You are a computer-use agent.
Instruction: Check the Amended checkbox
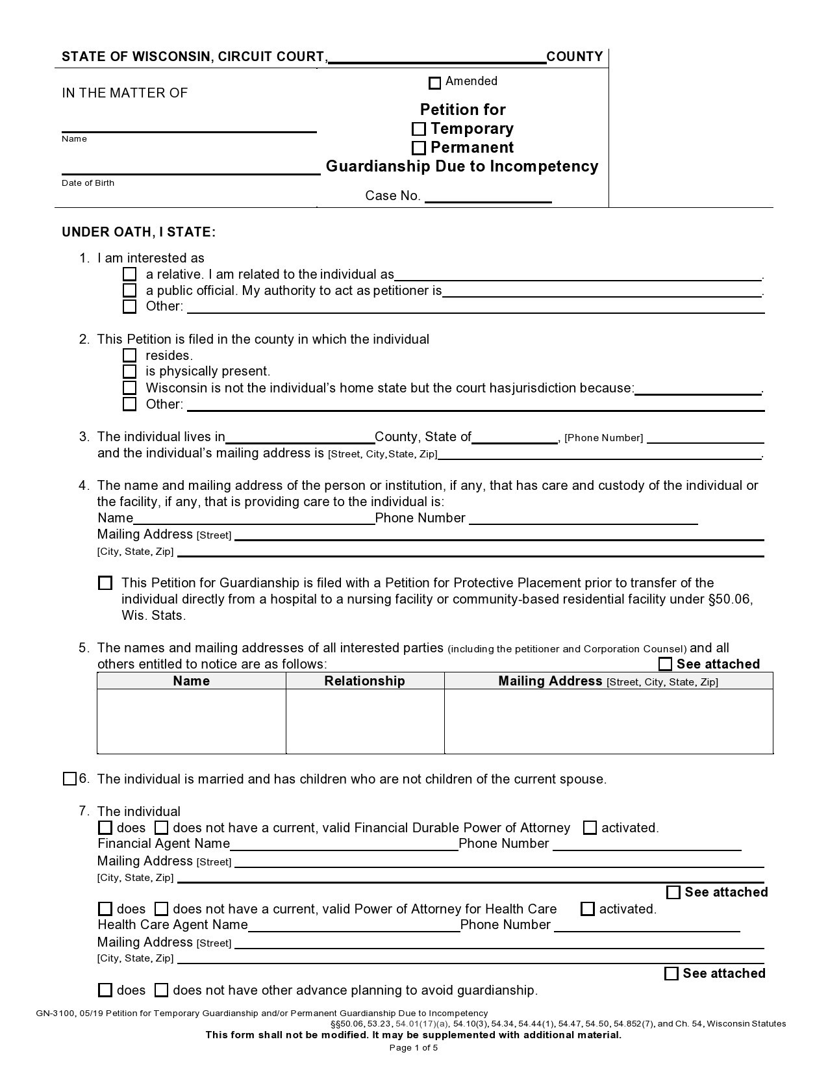point(435,83)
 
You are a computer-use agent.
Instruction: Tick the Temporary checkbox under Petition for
point(419,129)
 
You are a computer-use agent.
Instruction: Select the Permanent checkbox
point(419,148)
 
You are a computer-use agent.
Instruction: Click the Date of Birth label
point(88,183)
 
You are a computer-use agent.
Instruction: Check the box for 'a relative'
point(130,275)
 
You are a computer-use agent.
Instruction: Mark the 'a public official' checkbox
point(130,290)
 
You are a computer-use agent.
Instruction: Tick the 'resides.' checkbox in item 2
point(130,355)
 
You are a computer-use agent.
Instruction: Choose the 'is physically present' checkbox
point(130,372)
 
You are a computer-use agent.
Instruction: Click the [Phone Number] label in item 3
point(604,438)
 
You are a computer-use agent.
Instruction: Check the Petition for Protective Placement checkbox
point(105,583)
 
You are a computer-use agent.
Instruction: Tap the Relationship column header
point(364,681)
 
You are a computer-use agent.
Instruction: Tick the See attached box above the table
point(665,664)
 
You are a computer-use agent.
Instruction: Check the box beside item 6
point(70,779)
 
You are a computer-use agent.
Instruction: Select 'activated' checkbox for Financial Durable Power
point(590,828)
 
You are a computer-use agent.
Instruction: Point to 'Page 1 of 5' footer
point(414,1047)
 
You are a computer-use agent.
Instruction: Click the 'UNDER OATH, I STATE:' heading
point(139,233)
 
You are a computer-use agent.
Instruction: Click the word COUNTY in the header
point(575,57)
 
